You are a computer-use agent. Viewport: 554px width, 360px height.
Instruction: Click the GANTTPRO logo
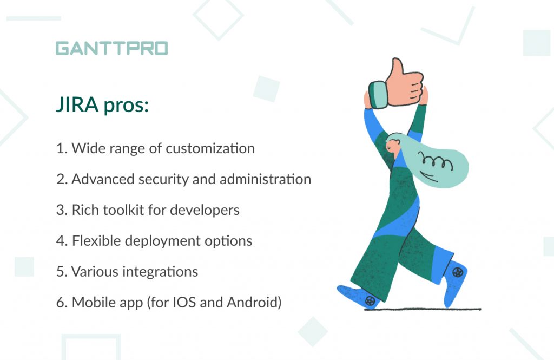[x=111, y=48]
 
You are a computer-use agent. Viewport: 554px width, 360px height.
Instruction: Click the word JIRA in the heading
[x=77, y=104]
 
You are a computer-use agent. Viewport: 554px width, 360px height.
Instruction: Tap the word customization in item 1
[x=210, y=148]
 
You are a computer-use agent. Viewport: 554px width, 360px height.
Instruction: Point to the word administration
[x=265, y=179]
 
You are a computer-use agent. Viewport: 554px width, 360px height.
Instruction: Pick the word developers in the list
[x=205, y=211]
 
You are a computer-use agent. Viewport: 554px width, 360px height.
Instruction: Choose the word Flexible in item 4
[x=96, y=241]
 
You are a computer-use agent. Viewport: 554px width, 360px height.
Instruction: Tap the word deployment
[x=163, y=241]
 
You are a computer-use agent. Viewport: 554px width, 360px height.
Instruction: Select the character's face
[x=393, y=146]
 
